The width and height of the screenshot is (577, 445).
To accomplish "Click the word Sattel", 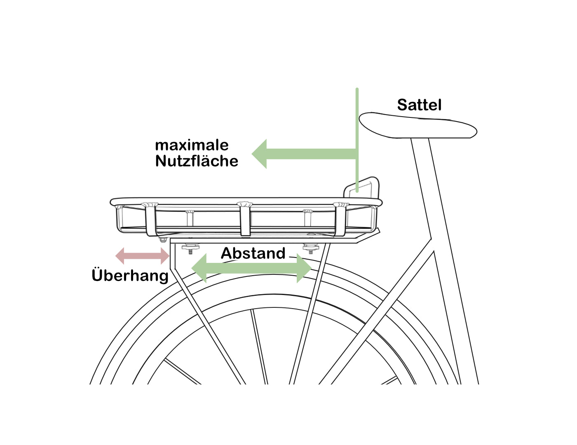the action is click(x=419, y=105).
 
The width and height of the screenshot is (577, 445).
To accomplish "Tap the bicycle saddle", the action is click(x=418, y=125).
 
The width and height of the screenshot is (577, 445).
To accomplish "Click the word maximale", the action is click(x=192, y=145).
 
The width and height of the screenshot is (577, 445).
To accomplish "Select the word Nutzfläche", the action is click(x=197, y=161).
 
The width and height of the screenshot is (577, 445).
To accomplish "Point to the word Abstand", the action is click(x=253, y=253).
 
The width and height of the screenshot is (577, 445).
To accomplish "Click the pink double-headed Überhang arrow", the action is click(x=142, y=256).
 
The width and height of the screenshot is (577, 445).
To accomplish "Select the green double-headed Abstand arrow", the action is click(x=251, y=268).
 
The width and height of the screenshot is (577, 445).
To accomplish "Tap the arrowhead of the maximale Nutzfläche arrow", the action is click(x=259, y=154).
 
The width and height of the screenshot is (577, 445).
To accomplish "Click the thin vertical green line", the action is click(x=357, y=140).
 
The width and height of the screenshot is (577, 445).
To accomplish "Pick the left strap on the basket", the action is click(x=150, y=220).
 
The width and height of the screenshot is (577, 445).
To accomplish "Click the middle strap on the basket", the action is click(x=245, y=219).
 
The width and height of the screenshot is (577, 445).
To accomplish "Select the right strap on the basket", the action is click(x=341, y=220).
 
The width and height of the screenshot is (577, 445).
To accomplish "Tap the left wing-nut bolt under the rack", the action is click(x=190, y=249).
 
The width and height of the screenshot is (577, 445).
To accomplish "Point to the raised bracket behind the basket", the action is click(x=361, y=187).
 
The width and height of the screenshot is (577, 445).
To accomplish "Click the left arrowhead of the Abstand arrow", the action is click(x=199, y=268).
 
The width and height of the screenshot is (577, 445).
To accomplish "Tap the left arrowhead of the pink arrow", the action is click(x=120, y=256).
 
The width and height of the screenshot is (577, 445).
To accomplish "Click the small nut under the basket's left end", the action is click(x=163, y=240).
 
